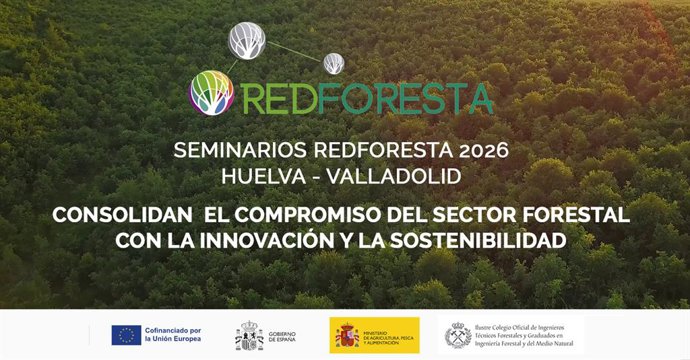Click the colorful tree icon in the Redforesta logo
tap(211, 92)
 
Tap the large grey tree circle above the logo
tap(247, 39)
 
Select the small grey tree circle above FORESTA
tap(334, 63)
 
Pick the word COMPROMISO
tap(321, 215)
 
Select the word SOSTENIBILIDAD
tap(484, 241)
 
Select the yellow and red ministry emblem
tap(347, 336)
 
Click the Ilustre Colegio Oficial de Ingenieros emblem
tap(458, 335)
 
